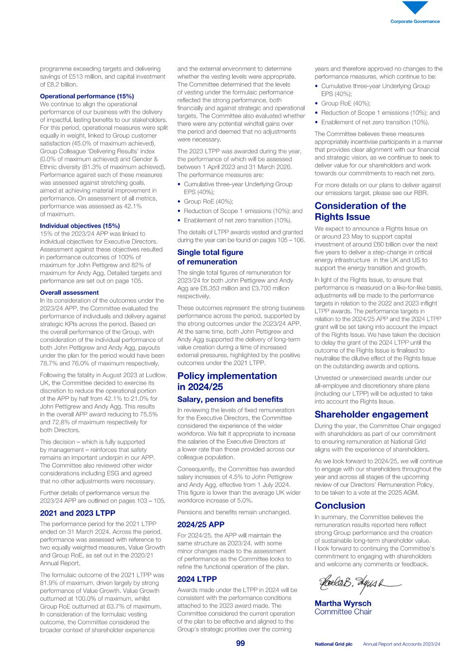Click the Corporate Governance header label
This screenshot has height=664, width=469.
[x=415, y=21]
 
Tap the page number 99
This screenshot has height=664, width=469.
[x=241, y=643]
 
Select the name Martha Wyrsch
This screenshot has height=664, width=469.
[x=343, y=603]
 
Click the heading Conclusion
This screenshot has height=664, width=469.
[x=340, y=505]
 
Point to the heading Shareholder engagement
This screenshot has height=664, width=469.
[x=371, y=414]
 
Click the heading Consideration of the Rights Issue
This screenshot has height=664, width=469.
[x=360, y=211]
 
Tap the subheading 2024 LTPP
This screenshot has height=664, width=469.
[x=197, y=579]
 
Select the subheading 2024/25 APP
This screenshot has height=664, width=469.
[x=201, y=524]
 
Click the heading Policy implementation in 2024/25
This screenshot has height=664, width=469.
[x=227, y=381]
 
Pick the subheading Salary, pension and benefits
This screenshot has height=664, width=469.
[x=230, y=399]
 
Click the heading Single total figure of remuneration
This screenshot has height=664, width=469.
[x=210, y=257]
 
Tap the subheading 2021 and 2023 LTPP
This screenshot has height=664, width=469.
[x=77, y=513]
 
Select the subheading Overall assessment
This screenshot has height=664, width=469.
[x=69, y=292]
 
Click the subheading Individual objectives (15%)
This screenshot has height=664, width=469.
[x=80, y=226]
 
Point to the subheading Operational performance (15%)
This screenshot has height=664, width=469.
[x=87, y=96]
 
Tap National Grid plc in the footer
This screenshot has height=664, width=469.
[x=333, y=644]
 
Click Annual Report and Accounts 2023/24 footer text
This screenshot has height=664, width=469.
[x=401, y=644]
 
